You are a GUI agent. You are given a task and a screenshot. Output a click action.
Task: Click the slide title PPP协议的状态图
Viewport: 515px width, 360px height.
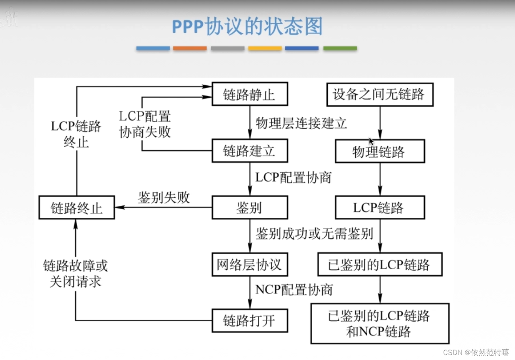click(247, 27)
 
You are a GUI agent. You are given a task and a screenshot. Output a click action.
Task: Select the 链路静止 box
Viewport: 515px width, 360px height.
click(250, 94)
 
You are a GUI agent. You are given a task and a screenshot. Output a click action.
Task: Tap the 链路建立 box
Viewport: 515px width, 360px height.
click(250, 151)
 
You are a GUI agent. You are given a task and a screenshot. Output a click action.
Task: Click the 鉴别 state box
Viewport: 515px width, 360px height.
click(250, 208)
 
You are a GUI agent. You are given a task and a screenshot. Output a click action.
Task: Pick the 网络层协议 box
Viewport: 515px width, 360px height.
click(250, 265)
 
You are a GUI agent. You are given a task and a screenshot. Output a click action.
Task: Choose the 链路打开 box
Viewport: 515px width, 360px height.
click(250, 320)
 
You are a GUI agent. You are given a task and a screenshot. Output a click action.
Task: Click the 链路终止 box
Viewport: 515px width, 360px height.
click(77, 208)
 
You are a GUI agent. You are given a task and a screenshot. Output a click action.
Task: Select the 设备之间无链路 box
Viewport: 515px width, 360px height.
click(380, 94)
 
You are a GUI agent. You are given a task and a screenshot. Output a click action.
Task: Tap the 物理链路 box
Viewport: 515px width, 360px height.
click(380, 151)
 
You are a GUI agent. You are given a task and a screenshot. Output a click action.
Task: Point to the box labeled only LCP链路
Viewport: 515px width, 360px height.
click(380, 208)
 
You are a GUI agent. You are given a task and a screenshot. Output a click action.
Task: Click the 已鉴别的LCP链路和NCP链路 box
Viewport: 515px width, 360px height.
click(380, 323)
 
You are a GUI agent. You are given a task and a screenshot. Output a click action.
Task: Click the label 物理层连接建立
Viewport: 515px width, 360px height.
click(301, 123)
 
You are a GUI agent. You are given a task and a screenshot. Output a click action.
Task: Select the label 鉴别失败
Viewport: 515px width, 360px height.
click(164, 198)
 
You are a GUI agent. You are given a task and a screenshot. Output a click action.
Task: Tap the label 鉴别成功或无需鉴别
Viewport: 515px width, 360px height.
click(314, 233)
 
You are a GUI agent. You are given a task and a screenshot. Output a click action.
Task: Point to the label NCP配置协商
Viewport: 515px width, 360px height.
click(294, 290)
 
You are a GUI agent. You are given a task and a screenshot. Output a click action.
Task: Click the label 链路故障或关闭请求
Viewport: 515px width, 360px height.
click(75, 273)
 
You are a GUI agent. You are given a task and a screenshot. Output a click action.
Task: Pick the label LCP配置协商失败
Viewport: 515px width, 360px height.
click(145, 124)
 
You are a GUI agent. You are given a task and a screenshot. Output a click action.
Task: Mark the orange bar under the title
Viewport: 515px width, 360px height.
click(190, 48)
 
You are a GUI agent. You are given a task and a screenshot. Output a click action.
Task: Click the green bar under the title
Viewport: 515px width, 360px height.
click(340, 48)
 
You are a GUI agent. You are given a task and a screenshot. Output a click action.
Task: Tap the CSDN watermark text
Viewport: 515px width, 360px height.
click(476, 352)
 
